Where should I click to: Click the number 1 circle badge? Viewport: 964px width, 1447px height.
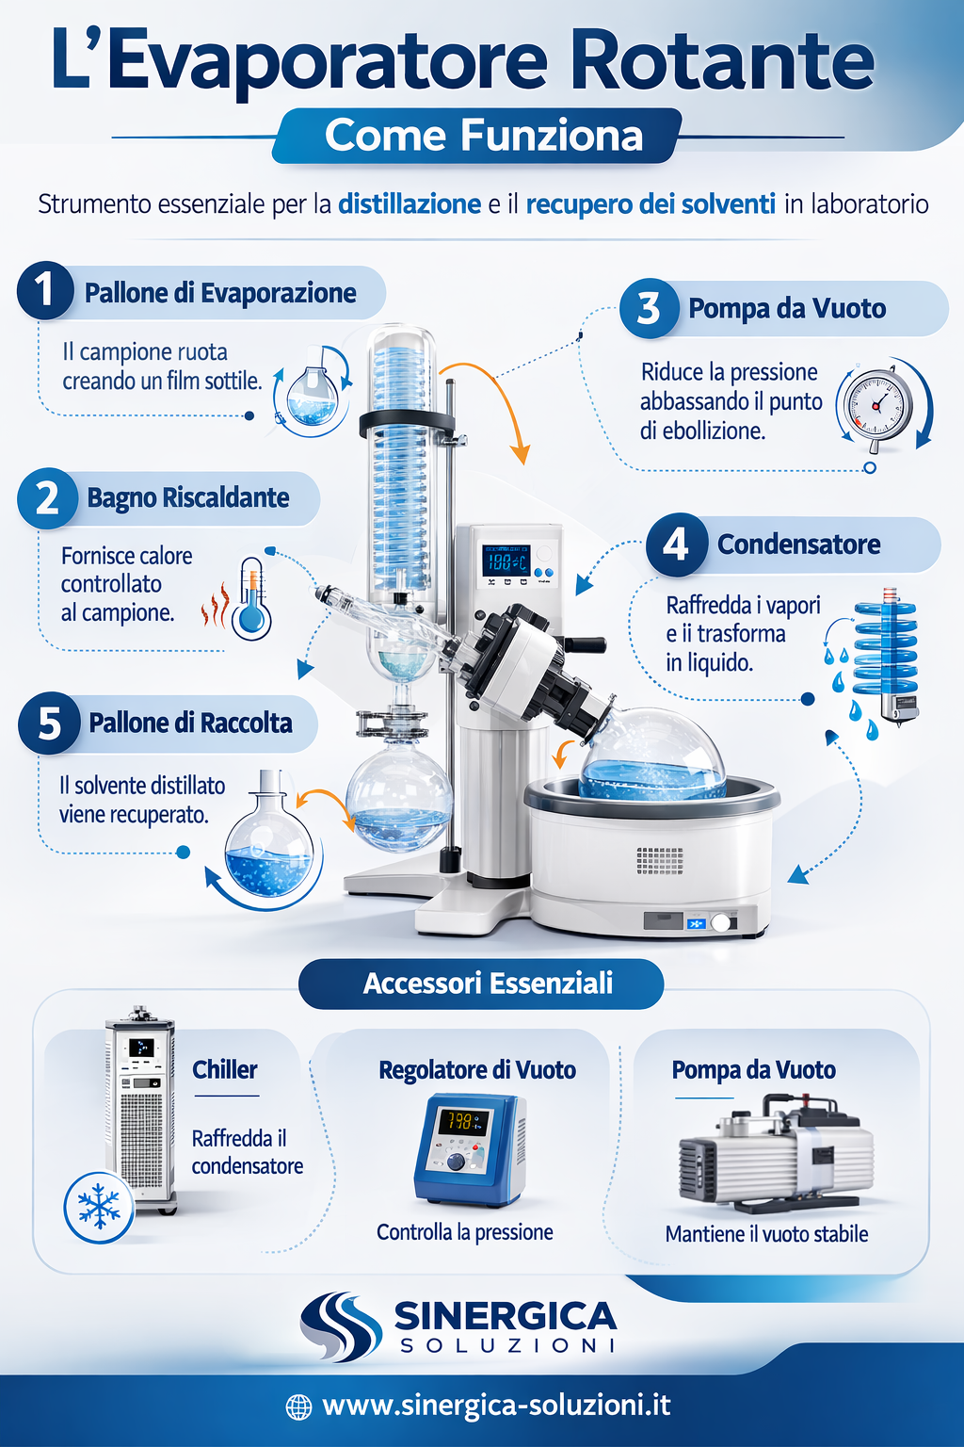pyautogui.click(x=44, y=290)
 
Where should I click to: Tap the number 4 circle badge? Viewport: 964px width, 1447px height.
pyautogui.click(x=676, y=545)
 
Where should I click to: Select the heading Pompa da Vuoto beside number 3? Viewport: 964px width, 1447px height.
pyautogui.click(x=787, y=309)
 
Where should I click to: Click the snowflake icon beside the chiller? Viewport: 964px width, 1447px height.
pyautogui.click(x=98, y=1207)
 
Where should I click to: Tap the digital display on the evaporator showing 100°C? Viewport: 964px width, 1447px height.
pyautogui.click(x=506, y=561)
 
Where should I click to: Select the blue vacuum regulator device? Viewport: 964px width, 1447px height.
pyautogui.click(x=469, y=1148)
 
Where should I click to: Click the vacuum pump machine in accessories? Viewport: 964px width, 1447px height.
pyautogui.click(x=776, y=1154)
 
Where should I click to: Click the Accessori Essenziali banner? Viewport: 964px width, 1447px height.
pyautogui.click(x=482, y=984)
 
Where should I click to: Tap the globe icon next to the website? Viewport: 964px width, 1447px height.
pyautogui.click(x=298, y=1406)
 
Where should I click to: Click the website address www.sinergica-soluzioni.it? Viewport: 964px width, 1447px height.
pyautogui.click(x=496, y=1406)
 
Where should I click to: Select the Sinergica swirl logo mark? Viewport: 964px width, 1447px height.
pyautogui.click(x=340, y=1325)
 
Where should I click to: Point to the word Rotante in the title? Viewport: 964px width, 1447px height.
pyautogui.click(x=722, y=60)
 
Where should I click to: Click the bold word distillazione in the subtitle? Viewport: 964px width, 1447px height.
pyautogui.click(x=410, y=204)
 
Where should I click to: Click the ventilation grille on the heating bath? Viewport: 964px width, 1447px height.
pyautogui.click(x=660, y=859)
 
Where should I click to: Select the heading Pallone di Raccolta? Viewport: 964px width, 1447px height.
pyautogui.click(x=190, y=723)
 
